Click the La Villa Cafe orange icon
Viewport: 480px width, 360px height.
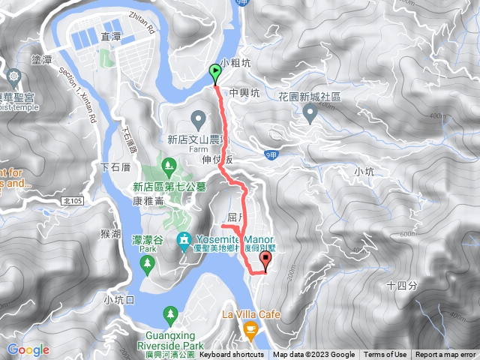(x=251, y=328)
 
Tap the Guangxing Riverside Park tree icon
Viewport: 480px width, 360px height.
(x=171, y=313)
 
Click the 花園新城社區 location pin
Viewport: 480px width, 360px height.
(x=310, y=112)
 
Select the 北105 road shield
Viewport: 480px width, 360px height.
(x=73, y=201)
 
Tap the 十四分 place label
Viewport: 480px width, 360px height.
(x=400, y=285)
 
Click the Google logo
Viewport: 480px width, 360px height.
(x=28, y=349)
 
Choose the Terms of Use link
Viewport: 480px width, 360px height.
(x=385, y=355)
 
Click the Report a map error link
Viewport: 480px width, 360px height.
(x=445, y=355)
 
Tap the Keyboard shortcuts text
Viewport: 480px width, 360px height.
(x=232, y=355)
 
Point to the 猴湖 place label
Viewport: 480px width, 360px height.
(x=110, y=234)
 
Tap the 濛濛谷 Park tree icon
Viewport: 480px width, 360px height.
(x=147, y=262)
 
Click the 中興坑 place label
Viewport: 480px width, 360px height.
(x=244, y=94)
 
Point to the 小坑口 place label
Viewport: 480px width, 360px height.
(x=119, y=299)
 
